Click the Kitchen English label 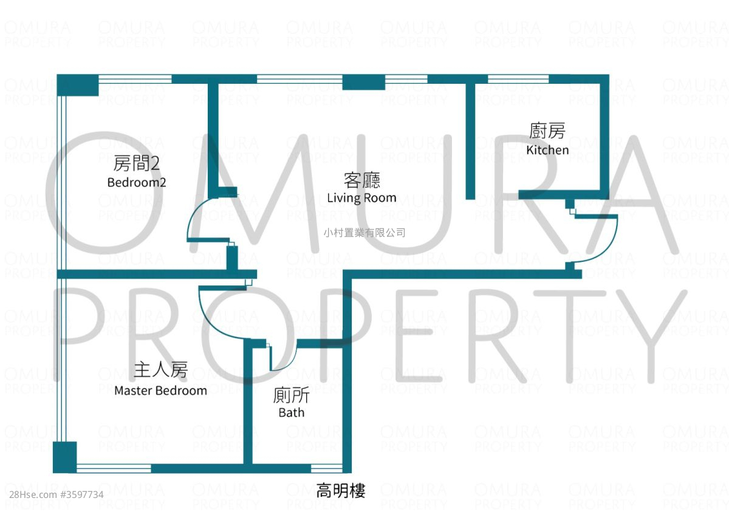[x=547, y=150]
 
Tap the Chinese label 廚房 [x=547, y=131]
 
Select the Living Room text [x=361, y=198]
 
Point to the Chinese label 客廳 [x=361, y=180]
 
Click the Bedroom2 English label [x=137, y=182]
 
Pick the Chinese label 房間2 [x=137, y=163]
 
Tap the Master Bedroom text [x=160, y=391]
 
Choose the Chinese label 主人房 [x=160, y=370]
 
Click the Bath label [x=292, y=413]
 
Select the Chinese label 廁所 [x=292, y=395]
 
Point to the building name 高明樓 [x=341, y=491]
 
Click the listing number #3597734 [x=82, y=494]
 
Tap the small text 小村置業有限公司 [x=364, y=233]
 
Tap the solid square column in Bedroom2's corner [x=78, y=85]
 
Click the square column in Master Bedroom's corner [x=65, y=457]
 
